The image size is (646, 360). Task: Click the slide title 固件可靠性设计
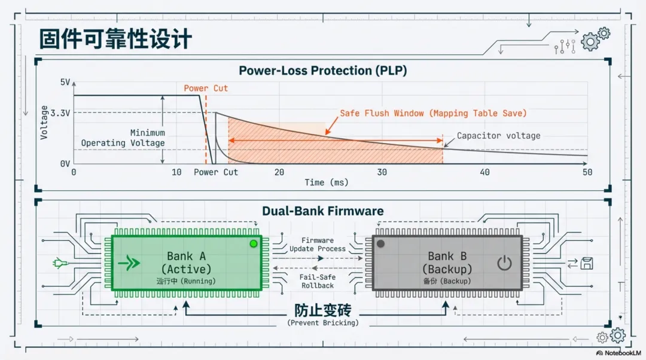click(x=115, y=39)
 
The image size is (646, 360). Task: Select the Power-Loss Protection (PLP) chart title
click(x=322, y=71)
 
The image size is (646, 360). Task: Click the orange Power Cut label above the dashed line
click(x=206, y=88)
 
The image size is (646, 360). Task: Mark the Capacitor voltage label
click(x=498, y=136)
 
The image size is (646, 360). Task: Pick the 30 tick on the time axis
click(x=382, y=172)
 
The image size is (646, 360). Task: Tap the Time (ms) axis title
click(x=326, y=182)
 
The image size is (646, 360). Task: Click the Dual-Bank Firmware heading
click(x=322, y=211)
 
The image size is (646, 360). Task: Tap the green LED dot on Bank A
click(x=254, y=243)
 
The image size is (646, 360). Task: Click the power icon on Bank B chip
click(x=504, y=263)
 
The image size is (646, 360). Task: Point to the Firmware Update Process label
click(x=318, y=245)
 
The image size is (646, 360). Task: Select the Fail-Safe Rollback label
click(x=317, y=281)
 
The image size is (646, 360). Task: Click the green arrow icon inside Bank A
click(x=129, y=263)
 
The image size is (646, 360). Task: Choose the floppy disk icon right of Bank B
click(x=587, y=263)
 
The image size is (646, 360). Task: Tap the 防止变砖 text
click(x=322, y=310)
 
